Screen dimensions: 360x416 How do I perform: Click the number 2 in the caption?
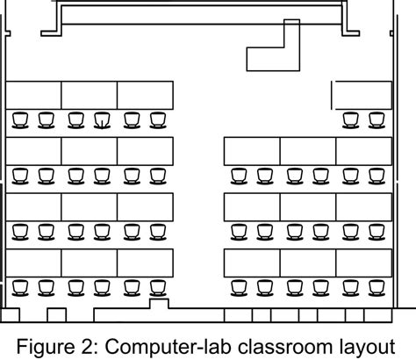pos(100,342)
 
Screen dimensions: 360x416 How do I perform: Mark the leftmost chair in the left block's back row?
pos(19,287)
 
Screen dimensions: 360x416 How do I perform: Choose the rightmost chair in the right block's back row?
pos(377,287)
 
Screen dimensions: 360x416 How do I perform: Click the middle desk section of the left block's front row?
pos(90,95)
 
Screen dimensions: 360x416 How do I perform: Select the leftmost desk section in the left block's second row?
pos(33,150)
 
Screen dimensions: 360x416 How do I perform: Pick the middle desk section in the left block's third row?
pos(90,206)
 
